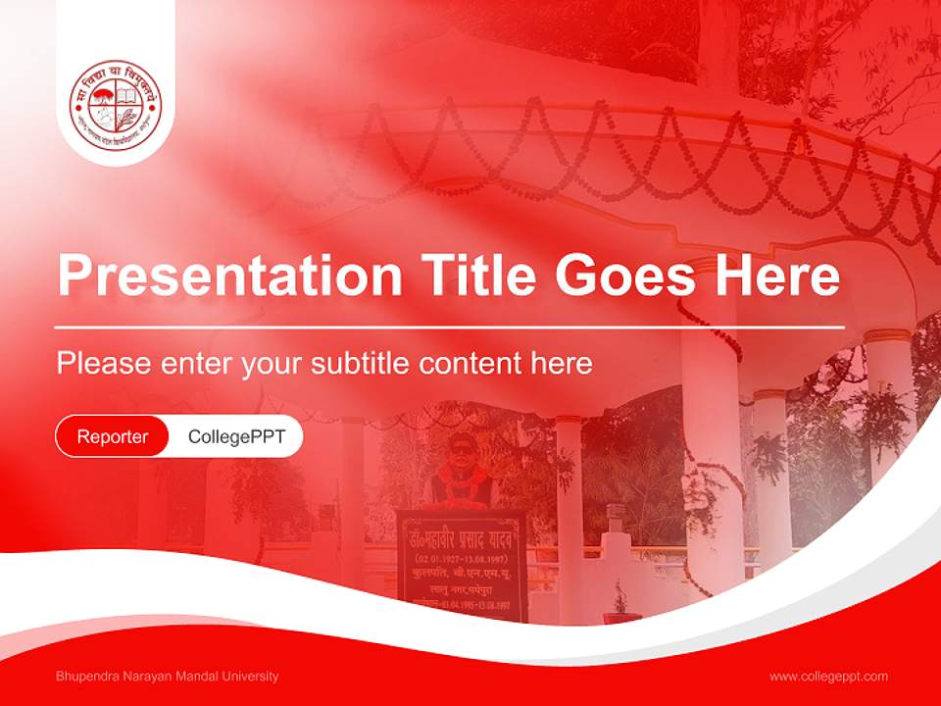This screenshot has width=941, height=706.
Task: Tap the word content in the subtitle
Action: pos(470,364)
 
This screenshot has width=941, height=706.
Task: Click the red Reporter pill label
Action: pos(113,436)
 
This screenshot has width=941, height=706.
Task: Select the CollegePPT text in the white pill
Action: pos(236,436)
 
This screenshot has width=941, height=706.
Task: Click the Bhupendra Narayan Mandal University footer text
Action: pos(168,676)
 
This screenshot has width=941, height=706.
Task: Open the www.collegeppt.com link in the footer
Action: pos(828,676)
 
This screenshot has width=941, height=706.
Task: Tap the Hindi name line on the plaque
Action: pos(461,537)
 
